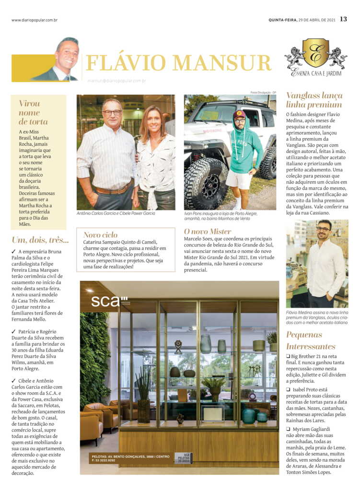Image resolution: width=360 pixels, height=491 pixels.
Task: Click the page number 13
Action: coord(343,20)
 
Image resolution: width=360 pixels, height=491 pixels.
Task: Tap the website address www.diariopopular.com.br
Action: coord(35,20)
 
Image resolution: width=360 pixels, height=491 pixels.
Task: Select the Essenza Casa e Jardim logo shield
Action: coord(315,53)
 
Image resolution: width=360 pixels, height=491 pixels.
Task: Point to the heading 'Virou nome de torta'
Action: coord(33,112)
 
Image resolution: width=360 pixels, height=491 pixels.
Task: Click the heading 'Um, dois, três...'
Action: coord(40,240)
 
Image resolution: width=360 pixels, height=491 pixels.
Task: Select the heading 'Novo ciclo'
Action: coord(100,234)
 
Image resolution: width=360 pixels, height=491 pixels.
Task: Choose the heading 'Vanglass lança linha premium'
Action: coord(314,100)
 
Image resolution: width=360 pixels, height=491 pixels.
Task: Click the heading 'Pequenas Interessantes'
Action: coord(311,340)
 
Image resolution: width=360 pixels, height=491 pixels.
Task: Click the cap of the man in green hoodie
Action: coord(239,115)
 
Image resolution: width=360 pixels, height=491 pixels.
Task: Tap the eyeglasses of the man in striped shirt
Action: coord(113,113)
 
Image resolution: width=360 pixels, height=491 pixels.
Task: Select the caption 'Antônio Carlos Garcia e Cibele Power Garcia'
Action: coord(116,213)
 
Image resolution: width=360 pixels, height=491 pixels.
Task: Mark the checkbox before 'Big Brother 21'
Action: coord(289,356)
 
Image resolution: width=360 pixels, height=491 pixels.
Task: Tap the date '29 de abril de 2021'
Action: coord(318,20)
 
